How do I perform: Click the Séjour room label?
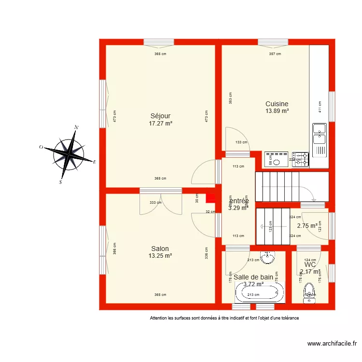click(x=161, y=116)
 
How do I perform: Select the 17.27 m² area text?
click(x=161, y=124)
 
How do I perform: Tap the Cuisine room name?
click(x=277, y=104)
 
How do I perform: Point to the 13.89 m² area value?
click(x=277, y=111)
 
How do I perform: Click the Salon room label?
click(x=160, y=249)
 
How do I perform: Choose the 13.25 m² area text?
click(x=160, y=256)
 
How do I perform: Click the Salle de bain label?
click(x=253, y=278)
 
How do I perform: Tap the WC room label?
click(x=310, y=265)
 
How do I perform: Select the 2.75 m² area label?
click(x=307, y=225)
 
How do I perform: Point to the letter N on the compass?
click(x=76, y=127)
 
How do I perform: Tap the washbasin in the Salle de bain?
click(x=267, y=257)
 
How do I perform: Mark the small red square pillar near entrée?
click(x=210, y=198)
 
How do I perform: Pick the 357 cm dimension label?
click(x=275, y=54)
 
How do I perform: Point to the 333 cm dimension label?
click(x=152, y=203)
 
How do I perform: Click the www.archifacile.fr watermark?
click(x=332, y=344)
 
